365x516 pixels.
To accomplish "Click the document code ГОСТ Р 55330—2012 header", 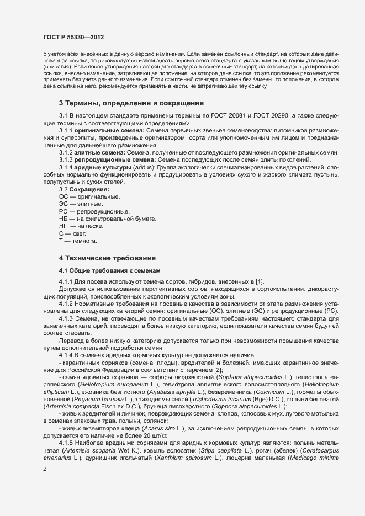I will coord(73,37).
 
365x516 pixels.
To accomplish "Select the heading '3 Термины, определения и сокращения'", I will coord(131,103).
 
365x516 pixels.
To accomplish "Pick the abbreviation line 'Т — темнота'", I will coord(78,242).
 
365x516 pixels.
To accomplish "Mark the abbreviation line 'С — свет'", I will coord(72,234).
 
